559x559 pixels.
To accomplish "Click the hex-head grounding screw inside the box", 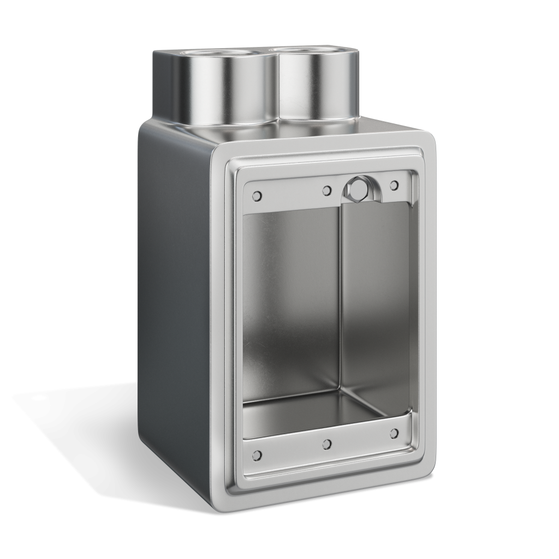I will (358, 189).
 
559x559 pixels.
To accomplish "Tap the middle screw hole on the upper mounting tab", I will (326, 190).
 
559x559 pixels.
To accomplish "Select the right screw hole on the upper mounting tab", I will (394, 186).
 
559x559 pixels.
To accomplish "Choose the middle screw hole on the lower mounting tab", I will (326, 443).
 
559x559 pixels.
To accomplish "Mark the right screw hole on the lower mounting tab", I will (394, 433).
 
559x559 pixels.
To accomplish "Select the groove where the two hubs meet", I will (276, 87).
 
